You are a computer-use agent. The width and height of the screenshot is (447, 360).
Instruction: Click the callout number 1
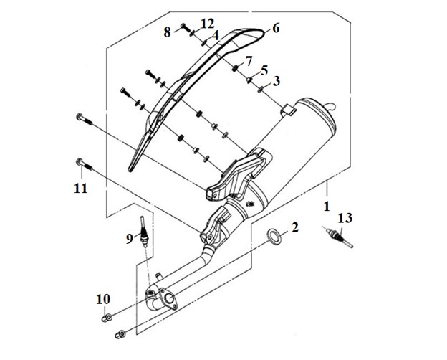[327, 206]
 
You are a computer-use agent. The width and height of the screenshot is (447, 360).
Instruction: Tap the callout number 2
[294, 227]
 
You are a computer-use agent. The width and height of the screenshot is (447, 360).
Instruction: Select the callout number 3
[276, 81]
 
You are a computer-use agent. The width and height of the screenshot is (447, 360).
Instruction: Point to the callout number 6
[275, 28]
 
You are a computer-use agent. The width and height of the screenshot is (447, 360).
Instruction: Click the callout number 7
[249, 62]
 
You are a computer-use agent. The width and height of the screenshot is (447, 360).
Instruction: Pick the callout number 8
[168, 32]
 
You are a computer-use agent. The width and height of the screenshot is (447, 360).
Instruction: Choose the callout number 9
[130, 238]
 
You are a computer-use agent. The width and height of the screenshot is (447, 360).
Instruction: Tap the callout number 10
[103, 300]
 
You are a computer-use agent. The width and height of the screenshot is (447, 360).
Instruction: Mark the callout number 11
[81, 189]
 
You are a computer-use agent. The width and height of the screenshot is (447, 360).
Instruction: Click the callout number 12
[207, 24]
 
